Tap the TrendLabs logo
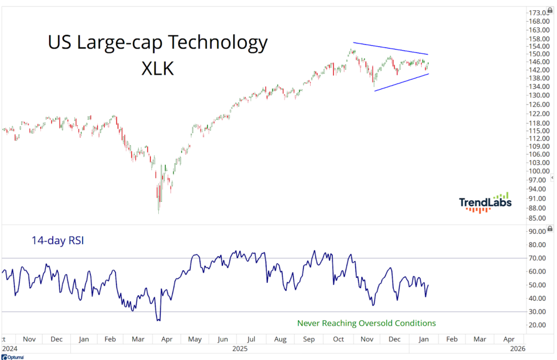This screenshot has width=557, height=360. click(484, 202)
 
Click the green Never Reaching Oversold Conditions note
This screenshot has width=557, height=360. click(367, 323)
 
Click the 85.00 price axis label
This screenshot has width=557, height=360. click(538, 219)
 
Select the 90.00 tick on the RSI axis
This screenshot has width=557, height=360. click(538, 231)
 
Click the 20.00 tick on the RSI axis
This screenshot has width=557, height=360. click(538, 325)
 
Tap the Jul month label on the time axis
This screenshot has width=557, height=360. click(252, 339)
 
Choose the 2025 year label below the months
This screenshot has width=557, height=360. click(238, 349)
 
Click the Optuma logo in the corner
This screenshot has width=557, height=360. click(12, 357)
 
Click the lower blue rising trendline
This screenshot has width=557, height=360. click(401, 82)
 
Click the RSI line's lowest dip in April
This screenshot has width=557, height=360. click(158, 320)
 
